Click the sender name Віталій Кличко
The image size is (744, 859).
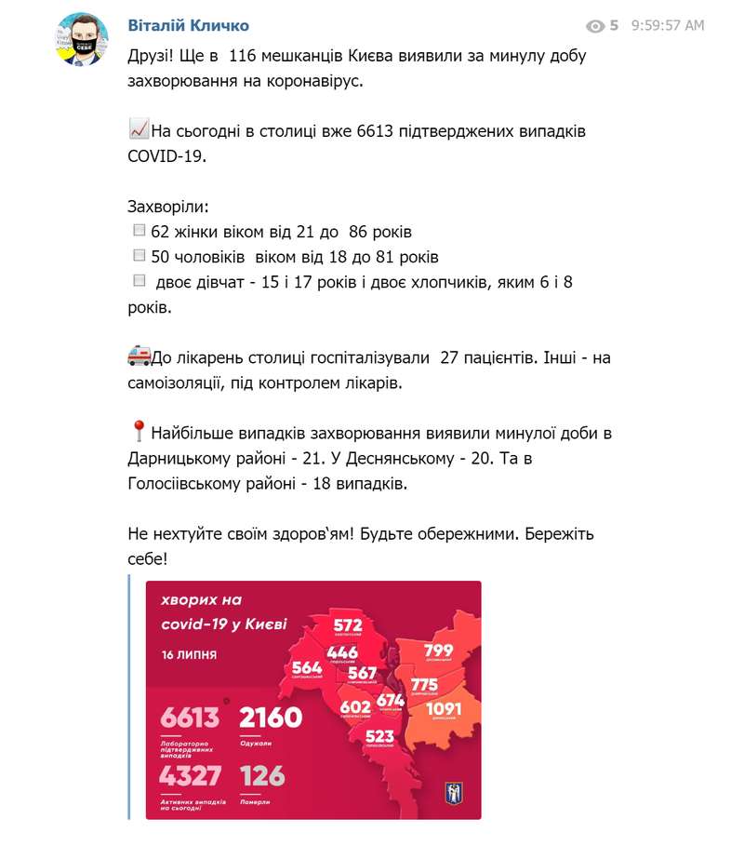(188, 25)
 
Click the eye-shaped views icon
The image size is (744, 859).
(595, 26)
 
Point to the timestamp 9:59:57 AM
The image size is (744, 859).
(667, 26)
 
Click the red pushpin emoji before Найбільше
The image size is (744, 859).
(139, 432)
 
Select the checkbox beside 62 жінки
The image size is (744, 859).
(139, 230)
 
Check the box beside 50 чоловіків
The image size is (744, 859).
(139, 255)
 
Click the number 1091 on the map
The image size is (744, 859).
(443, 710)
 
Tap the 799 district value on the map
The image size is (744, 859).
(438, 651)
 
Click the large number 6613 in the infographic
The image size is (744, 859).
(190, 718)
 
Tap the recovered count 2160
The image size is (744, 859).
(271, 718)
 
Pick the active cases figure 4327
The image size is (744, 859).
(190, 775)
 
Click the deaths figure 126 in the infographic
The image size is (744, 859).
(262, 775)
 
